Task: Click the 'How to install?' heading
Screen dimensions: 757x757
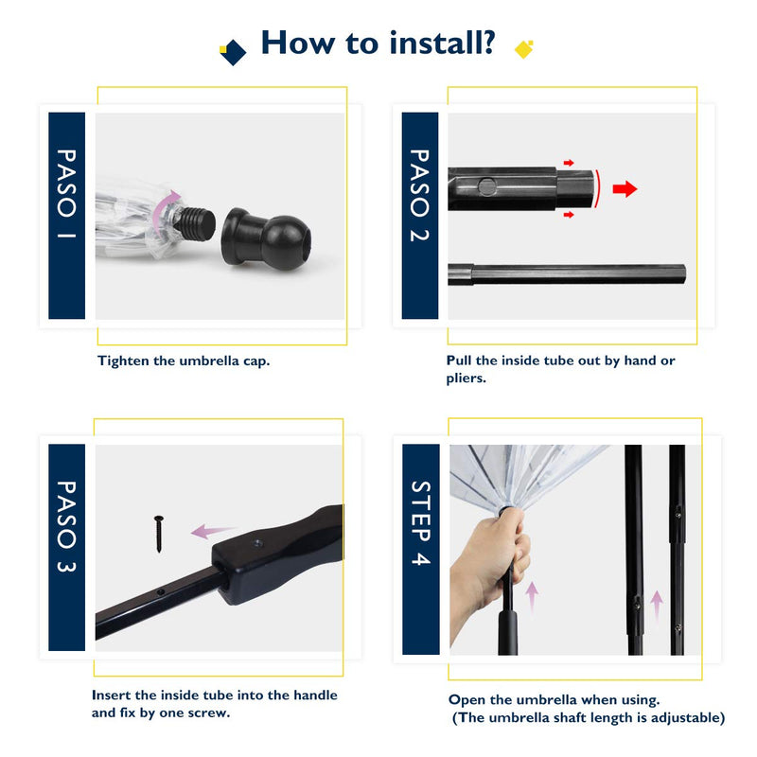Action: [x=378, y=43]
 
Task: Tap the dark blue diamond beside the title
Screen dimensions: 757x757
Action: [x=234, y=52]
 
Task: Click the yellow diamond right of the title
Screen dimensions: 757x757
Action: [x=524, y=49]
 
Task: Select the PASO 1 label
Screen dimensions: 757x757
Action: [x=66, y=194]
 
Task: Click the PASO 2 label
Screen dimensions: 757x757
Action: [x=419, y=195]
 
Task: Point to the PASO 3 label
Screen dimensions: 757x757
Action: [x=66, y=526]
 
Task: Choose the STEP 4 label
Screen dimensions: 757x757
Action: [x=420, y=523]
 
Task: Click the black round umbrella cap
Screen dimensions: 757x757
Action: [x=266, y=238]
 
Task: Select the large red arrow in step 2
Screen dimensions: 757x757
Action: [x=625, y=188]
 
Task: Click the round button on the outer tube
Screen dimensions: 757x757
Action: [x=486, y=186]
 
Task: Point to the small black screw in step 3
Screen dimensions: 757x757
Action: [x=159, y=534]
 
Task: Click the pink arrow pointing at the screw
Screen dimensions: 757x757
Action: [x=211, y=531]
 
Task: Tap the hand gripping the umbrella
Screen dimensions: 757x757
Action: [x=487, y=574]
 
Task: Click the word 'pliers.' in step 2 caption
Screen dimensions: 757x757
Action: [x=466, y=378]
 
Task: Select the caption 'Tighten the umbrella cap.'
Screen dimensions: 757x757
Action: [x=184, y=361]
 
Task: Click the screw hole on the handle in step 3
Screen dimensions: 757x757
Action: [x=258, y=543]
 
